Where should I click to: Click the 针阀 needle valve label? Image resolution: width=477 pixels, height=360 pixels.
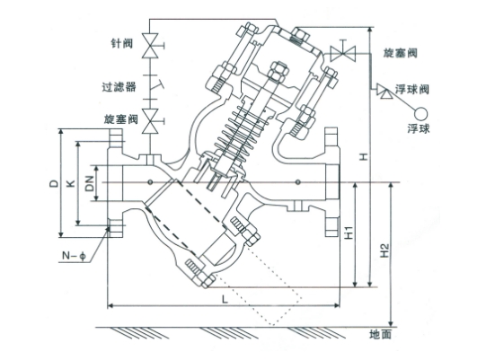(121, 43)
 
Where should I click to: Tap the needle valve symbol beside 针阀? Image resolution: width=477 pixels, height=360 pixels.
(151, 46)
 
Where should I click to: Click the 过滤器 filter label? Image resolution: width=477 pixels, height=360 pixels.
(119, 87)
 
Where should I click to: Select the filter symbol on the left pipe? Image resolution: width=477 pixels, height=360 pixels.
(151, 87)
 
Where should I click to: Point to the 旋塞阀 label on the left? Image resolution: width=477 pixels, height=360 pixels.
(121, 119)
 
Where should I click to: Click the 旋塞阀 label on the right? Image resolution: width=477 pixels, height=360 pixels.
(400, 53)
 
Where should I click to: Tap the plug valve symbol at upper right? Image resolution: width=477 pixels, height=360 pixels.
(343, 53)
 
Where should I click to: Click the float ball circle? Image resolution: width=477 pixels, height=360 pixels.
(420, 114)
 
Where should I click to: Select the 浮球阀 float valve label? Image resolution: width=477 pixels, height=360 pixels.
(412, 89)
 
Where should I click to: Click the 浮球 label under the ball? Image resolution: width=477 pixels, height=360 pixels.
(419, 129)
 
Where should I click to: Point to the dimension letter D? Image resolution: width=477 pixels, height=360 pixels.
(54, 183)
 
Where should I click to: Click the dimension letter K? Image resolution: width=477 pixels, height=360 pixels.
(71, 183)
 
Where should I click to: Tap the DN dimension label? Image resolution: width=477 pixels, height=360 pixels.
(90, 183)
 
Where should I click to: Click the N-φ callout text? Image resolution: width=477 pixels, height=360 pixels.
(74, 256)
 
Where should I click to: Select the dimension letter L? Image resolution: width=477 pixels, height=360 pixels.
(225, 300)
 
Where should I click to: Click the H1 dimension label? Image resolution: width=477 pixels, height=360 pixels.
(349, 233)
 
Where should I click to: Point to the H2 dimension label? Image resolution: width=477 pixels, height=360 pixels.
(385, 250)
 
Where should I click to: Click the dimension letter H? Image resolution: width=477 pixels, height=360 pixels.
(364, 157)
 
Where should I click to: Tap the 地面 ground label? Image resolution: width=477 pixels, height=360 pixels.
(380, 335)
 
